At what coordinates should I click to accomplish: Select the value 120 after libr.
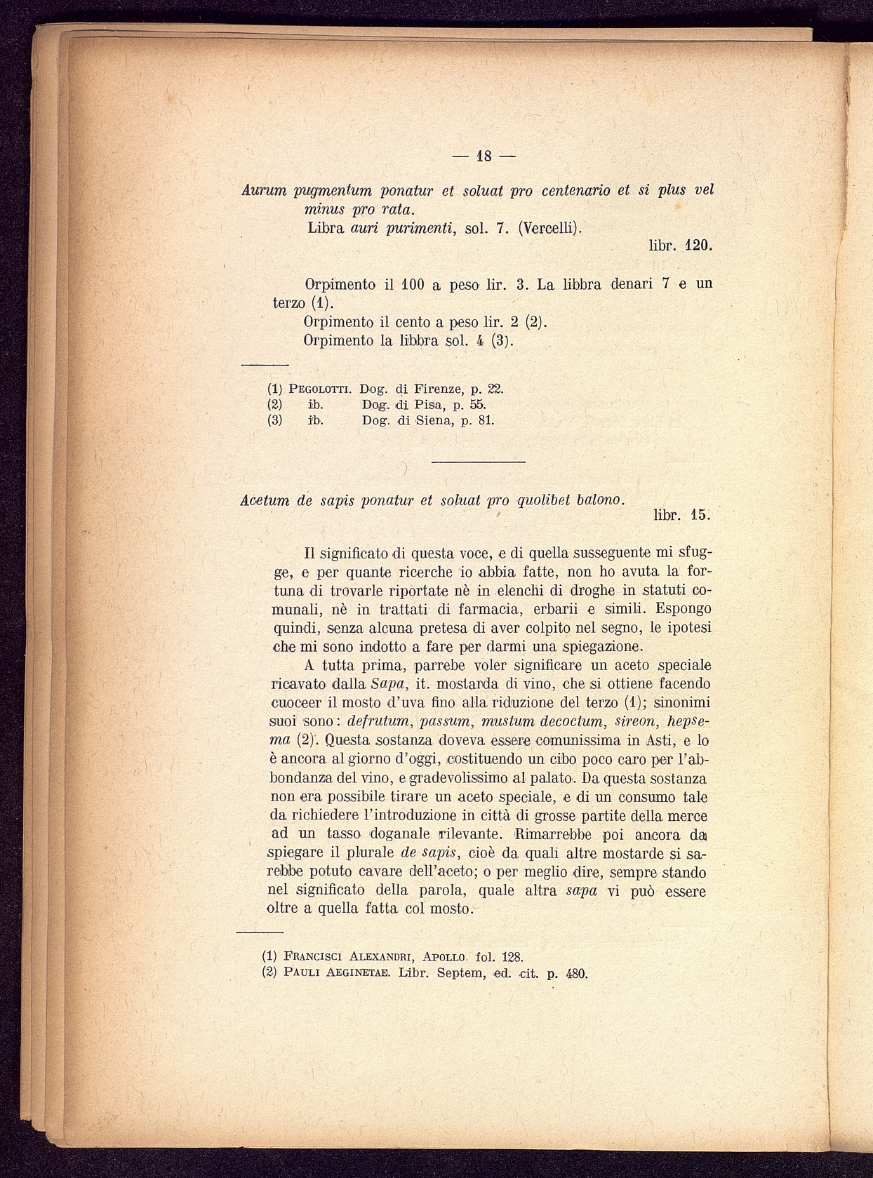[699, 247]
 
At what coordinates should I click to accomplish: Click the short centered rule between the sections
[478, 462]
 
